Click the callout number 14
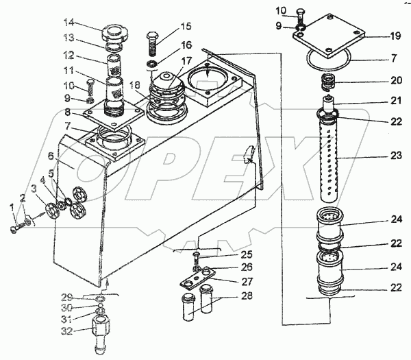[69, 23]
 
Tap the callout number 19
[395, 36]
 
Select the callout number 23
[396, 156]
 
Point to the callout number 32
[66, 331]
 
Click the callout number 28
[247, 296]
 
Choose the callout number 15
[186, 26]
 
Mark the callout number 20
[396, 80]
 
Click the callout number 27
[247, 281]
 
